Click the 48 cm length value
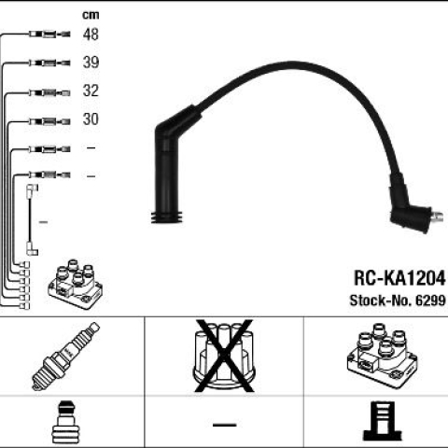point(91,35)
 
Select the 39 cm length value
point(91,63)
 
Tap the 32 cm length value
point(91,91)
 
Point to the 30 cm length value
point(91,119)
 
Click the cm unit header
point(91,15)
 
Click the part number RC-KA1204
point(399,278)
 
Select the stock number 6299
point(430,301)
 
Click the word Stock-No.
point(381,301)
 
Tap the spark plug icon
point(65,357)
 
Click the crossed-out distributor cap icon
point(224,356)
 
